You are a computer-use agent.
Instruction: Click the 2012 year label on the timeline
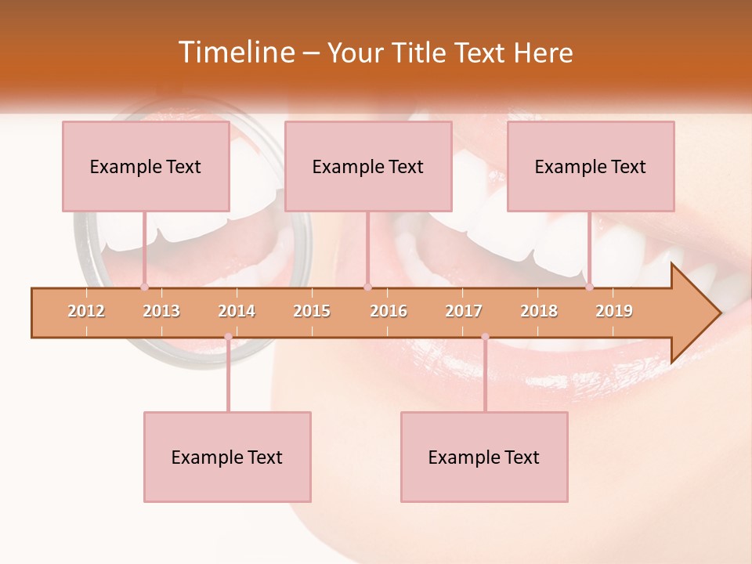click(86, 311)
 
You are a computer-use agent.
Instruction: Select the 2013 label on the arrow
click(161, 311)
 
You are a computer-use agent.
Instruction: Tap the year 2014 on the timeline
click(237, 311)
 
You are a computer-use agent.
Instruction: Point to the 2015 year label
click(312, 311)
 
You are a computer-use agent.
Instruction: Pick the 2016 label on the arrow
click(389, 311)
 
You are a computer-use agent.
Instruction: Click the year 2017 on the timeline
click(464, 311)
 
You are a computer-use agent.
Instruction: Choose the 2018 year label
click(539, 311)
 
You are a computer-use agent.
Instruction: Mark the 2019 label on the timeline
click(614, 311)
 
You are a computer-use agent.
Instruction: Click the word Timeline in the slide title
click(235, 52)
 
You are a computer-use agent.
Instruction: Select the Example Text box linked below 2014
click(227, 457)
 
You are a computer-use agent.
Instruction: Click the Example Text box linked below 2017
click(484, 457)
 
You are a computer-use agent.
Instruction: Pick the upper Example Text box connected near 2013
click(146, 166)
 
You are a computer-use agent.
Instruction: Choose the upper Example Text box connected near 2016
click(368, 166)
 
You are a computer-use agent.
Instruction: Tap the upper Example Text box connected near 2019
click(591, 166)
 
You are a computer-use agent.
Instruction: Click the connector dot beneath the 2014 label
click(228, 337)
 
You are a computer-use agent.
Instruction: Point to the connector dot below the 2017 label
click(485, 337)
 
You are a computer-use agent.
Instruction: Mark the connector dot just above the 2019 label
click(589, 287)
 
